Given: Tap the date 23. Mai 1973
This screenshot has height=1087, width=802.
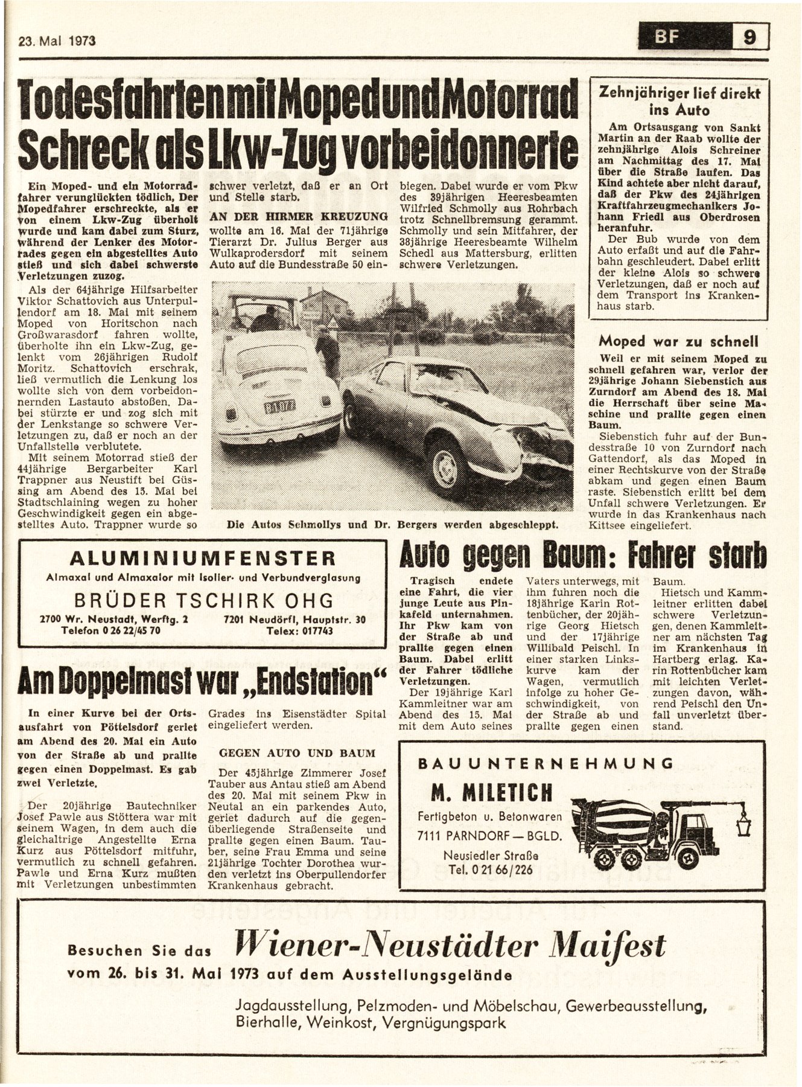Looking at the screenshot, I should pyautogui.click(x=57, y=41).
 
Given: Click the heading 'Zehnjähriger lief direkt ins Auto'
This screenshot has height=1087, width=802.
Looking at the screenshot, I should pyautogui.click(x=679, y=101).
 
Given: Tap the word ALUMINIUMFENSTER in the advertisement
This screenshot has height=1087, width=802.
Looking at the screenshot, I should pyautogui.click(x=202, y=557).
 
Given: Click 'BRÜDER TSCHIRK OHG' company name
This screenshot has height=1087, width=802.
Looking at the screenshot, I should pyautogui.click(x=203, y=600).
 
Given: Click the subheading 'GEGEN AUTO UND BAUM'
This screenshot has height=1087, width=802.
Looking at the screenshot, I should pyautogui.click(x=297, y=754).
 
